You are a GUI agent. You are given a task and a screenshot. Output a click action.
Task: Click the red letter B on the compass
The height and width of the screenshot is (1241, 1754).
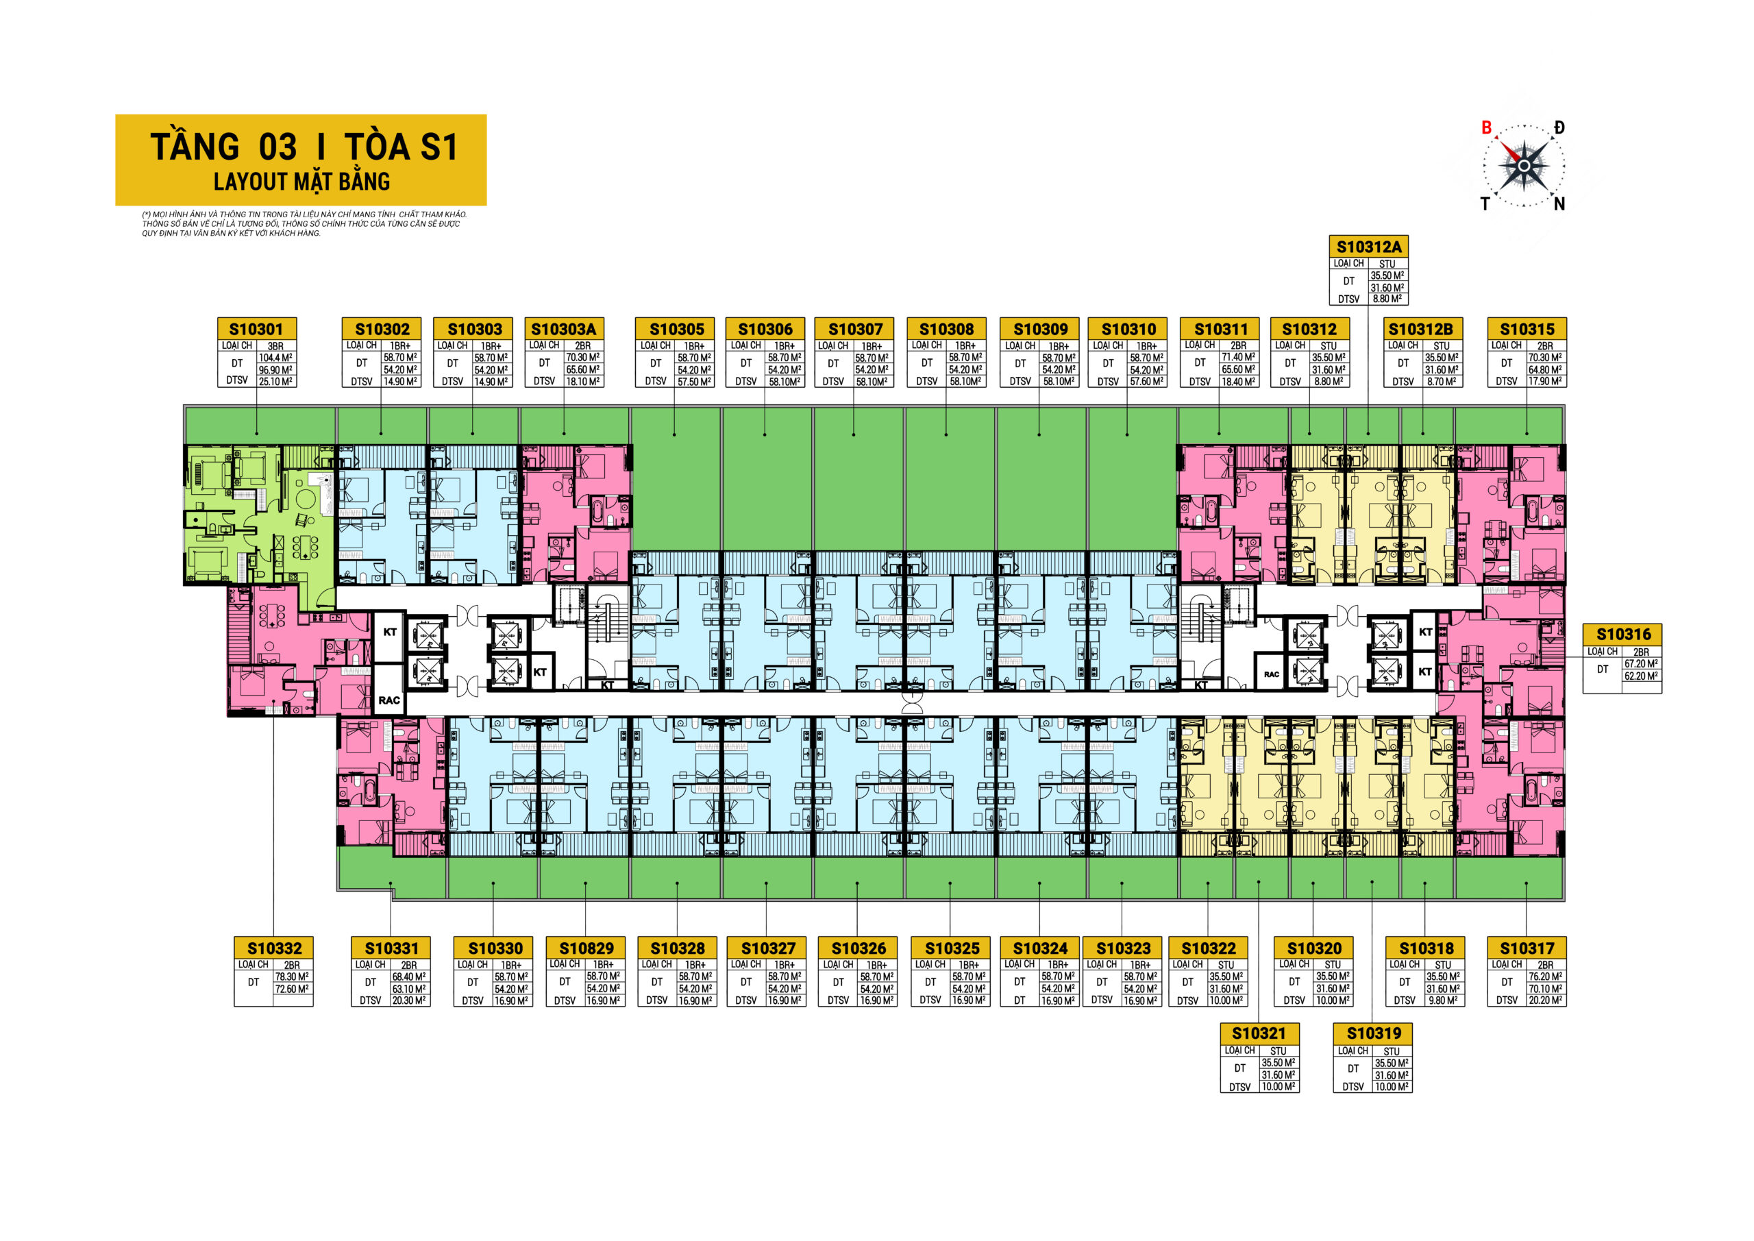pyautogui.click(x=1486, y=127)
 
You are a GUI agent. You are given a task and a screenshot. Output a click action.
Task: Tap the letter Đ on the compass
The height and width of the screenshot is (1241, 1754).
pyautogui.click(x=1559, y=127)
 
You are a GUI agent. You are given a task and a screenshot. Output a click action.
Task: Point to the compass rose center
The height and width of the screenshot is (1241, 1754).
pyautogui.click(x=1523, y=166)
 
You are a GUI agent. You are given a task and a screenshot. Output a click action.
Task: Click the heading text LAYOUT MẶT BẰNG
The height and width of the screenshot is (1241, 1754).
pyautogui.click(x=301, y=182)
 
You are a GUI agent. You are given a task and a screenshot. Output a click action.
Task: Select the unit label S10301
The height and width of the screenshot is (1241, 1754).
pyautogui.click(x=256, y=330)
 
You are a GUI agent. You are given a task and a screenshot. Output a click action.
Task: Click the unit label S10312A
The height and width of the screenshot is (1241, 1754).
pyautogui.click(x=1369, y=247)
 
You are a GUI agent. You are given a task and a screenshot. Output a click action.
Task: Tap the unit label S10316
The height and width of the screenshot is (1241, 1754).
pyautogui.click(x=1623, y=635)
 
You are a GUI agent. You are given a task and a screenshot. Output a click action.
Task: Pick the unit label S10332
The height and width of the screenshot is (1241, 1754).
pyautogui.click(x=274, y=948)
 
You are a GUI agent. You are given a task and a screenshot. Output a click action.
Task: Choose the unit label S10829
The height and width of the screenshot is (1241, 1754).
pyautogui.click(x=586, y=948)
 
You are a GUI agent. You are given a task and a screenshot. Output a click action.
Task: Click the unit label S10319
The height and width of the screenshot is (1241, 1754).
pyautogui.click(x=1374, y=1034)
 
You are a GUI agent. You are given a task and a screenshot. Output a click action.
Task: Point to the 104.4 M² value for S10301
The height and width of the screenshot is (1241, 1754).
pyautogui.click(x=276, y=358)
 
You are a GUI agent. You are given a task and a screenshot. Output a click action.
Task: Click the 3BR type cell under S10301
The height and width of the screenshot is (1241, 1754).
pyautogui.click(x=276, y=346)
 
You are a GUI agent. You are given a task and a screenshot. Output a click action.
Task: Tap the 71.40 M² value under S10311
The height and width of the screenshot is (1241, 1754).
pyautogui.click(x=1238, y=358)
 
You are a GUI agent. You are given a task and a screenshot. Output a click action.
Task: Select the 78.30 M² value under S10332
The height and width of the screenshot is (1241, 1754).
pyautogui.click(x=292, y=976)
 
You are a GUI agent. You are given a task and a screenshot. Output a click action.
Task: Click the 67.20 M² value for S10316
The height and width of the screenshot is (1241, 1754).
pyautogui.click(x=1641, y=664)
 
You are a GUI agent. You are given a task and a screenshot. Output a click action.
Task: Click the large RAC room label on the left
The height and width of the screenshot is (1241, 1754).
pyautogui.click(x=389, y=700)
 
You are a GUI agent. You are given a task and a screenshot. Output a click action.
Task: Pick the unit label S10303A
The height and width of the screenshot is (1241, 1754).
pyautogui.click(x=564, y=330)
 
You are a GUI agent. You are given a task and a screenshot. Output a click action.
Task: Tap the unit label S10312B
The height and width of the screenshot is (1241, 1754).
pyautogui.click(x=1421, y=330)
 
